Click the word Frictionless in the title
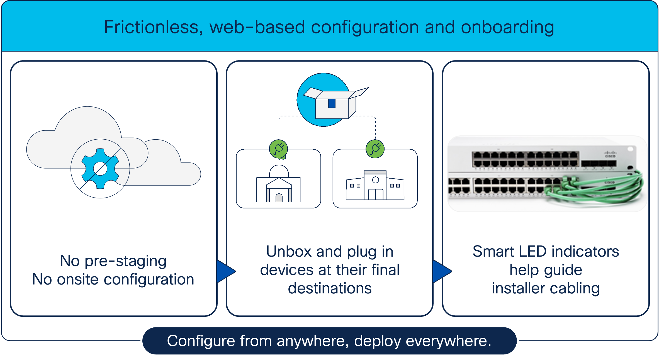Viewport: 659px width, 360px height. [151, 27]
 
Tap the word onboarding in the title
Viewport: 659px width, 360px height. [507, 27]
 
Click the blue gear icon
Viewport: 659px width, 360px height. [100, 169]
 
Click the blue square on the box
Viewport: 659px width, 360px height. [332, 103]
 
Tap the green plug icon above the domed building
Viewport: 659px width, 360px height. [278, 149]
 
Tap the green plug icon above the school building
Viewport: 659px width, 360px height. [375, 149]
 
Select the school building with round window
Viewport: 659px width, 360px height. [375, 186]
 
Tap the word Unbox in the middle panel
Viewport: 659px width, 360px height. [289, 252]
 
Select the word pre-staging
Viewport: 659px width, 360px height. [125, 261]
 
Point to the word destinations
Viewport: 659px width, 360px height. [330, 288]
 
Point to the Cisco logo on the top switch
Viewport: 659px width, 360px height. [610, 154]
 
